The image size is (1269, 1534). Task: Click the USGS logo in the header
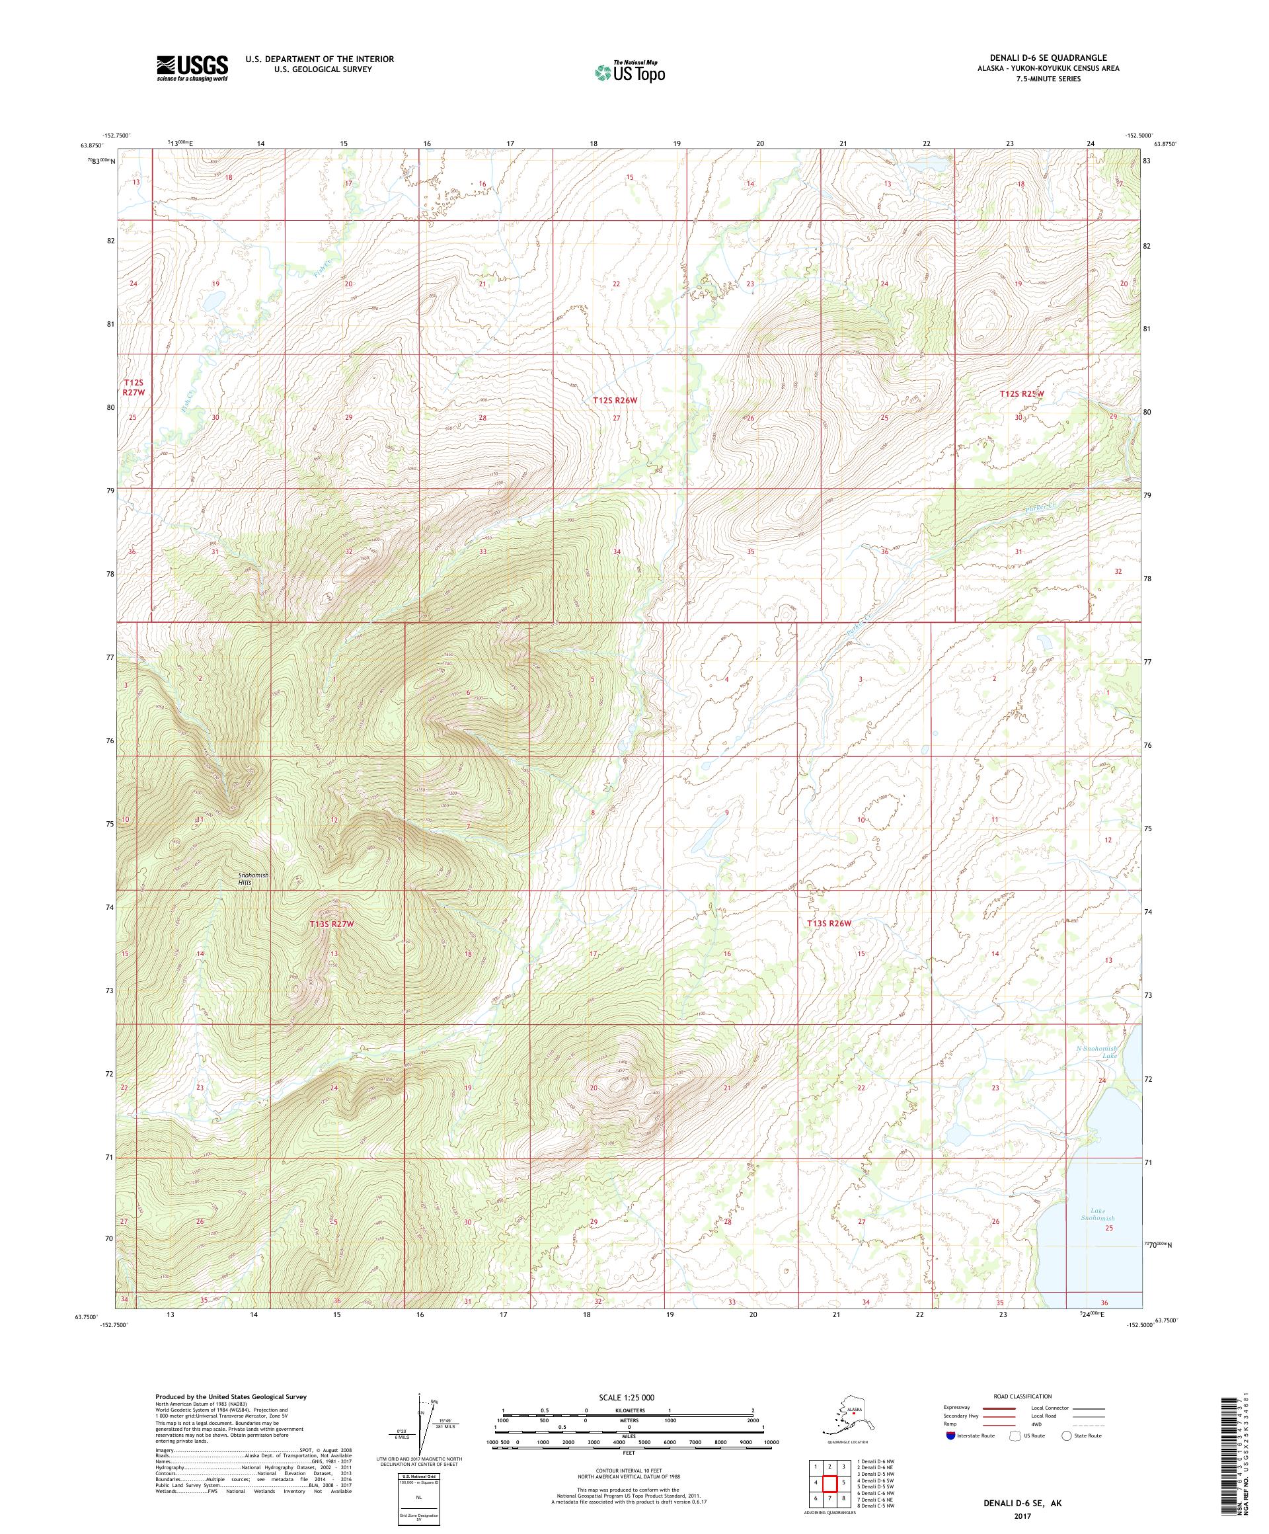point(191,68)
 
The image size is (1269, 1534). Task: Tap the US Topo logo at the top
point(631,71)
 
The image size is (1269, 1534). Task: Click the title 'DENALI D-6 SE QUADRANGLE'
point(1051,58)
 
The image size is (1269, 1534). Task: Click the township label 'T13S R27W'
point(330,924)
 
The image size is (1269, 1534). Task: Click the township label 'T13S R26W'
point(829,923)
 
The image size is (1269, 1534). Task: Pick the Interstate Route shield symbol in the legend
point(950,1435)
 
